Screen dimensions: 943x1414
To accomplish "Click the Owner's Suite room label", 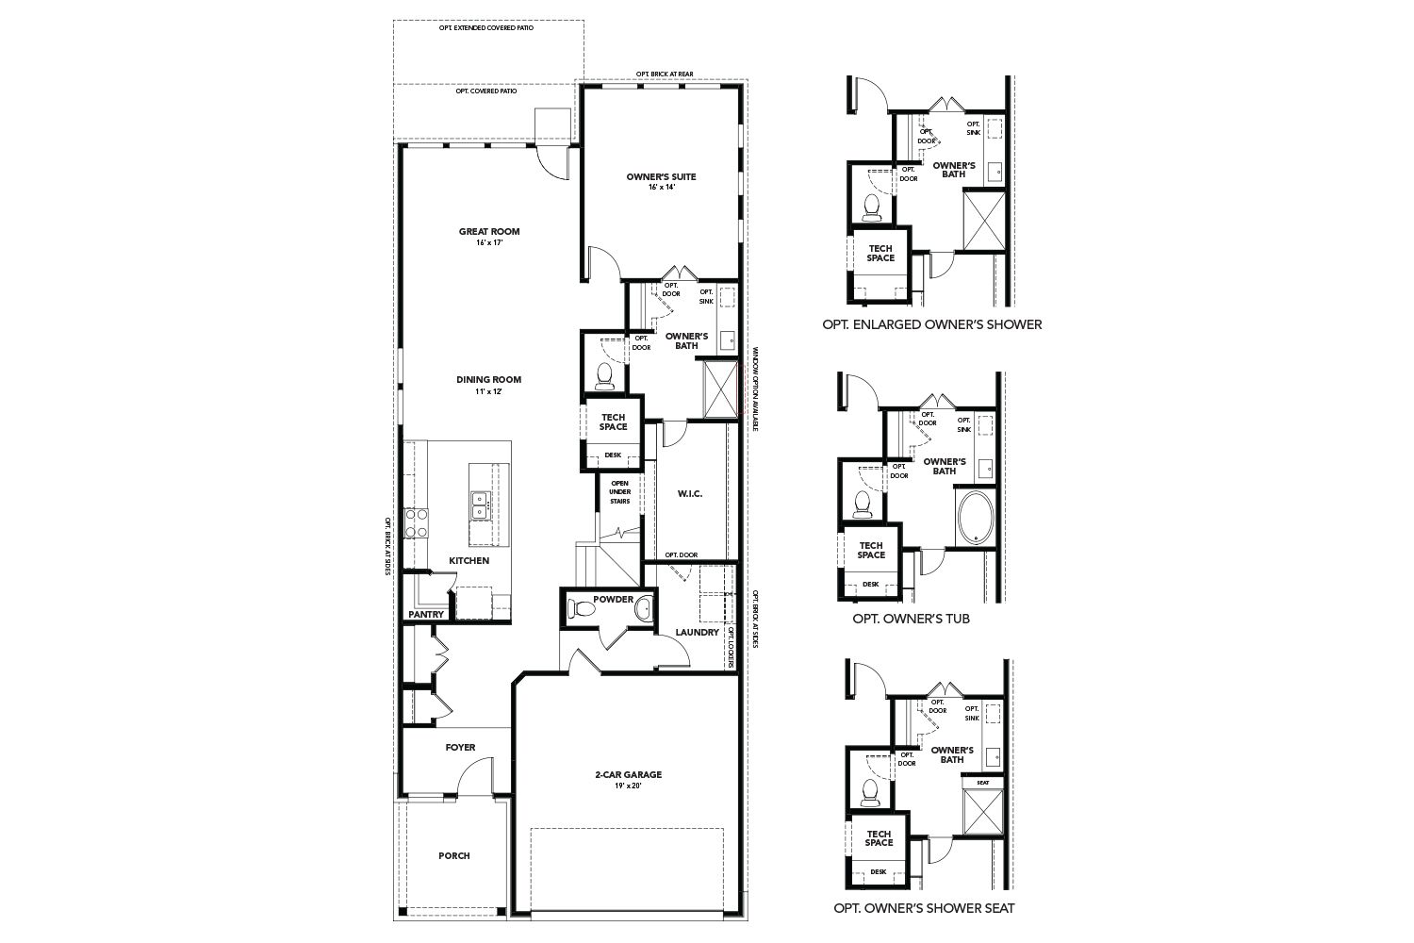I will pos(661,176).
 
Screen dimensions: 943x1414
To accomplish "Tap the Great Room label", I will pos(489,232).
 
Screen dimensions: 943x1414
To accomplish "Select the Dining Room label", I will pos(488,380).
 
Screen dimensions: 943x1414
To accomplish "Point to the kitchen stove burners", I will pos(416,522).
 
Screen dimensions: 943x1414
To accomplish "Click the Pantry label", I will pos(426,615).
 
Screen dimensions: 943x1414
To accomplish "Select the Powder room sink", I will pos(644,608).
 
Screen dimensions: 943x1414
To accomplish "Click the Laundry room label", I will pos(698,632).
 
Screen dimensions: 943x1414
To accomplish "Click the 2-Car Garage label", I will pos(628,775).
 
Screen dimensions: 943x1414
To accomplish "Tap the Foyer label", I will pos(460,748).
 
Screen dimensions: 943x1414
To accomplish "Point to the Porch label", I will pos(453,856).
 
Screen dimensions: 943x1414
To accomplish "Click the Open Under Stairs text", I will pos(619,492).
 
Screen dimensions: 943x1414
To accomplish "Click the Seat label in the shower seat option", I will pos(982,782).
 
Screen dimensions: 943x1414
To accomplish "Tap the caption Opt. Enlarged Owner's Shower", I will pos(932,324).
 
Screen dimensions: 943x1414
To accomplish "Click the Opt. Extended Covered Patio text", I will pos(485,28).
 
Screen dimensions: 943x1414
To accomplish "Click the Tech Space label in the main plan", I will pos(613,422).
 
